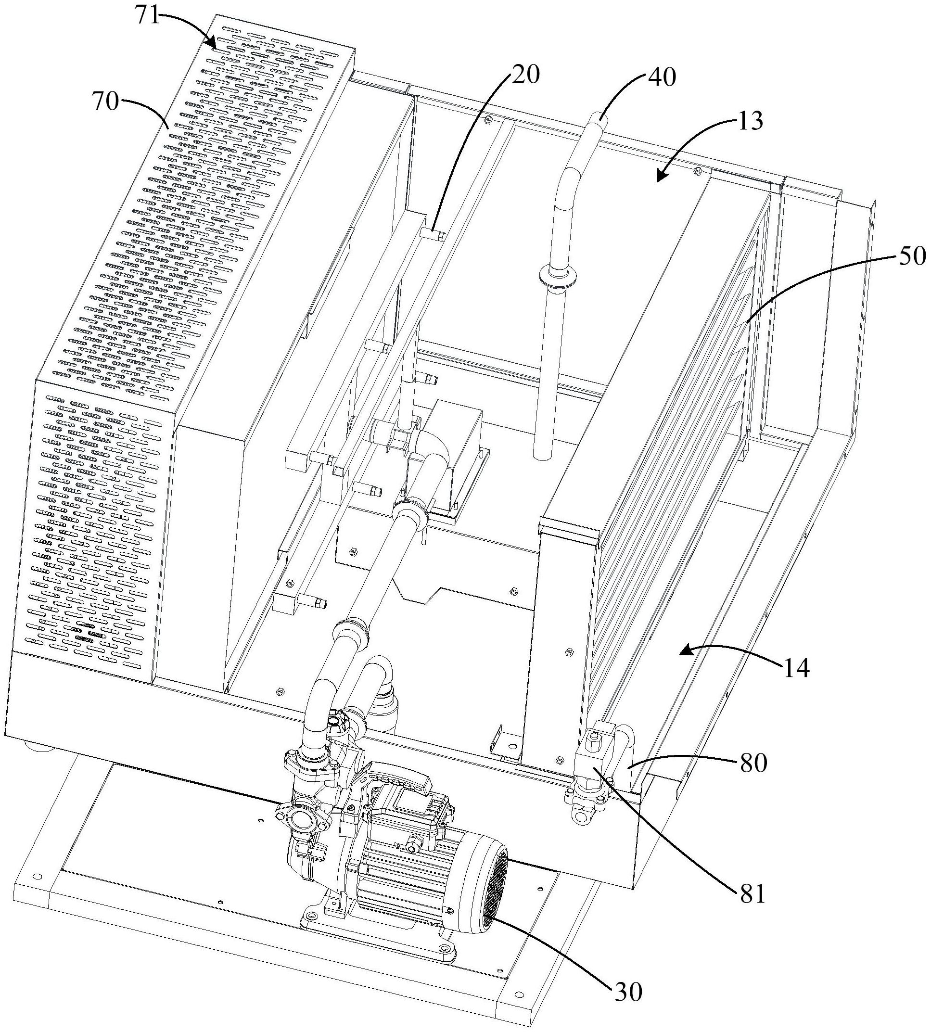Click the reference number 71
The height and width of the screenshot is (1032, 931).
tap(147, 16)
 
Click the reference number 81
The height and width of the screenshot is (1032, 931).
tap(751, 895)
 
